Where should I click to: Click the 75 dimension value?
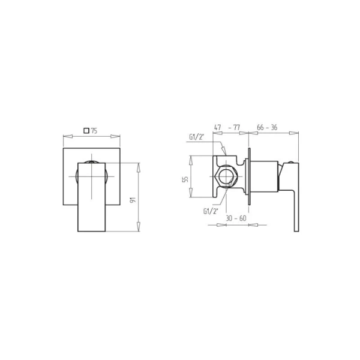pyautogui.click(x=94, y=131)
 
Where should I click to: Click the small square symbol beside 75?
pyautogui.click(x=86, y=131)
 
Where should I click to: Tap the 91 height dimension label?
pyautogui.click(x=133, y=200)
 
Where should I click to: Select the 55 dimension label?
pyautogui.click(x=185, y=179)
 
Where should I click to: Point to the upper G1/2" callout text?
pyautogui.click(x=197, y=137)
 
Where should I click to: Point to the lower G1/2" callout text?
pyautogui.click(x=211, y=211)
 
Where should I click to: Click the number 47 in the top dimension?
pyautogui.click(x=217, y=127)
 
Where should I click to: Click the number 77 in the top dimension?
pyautogui.click(x=236, y=127)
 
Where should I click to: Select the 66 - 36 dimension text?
pyautogui.click(x=267, y=127)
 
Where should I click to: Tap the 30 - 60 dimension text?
pyautogui.click(x=236, y=218)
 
